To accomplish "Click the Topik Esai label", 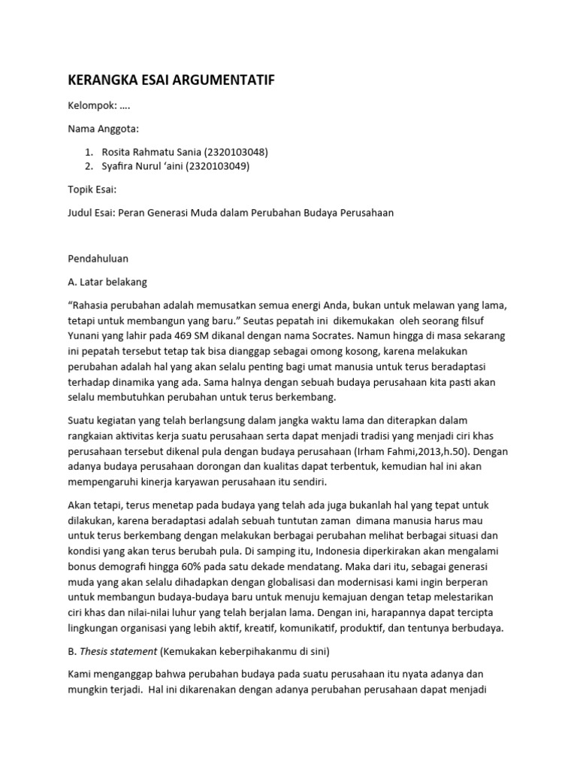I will click(x=92, y=189).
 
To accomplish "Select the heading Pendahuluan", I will click(x=98, y=259).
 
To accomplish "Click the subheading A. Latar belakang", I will click(x=108, y=282).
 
